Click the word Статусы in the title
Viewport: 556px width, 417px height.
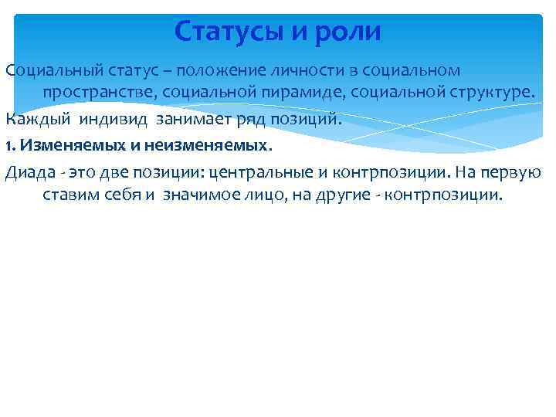(231, 31)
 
